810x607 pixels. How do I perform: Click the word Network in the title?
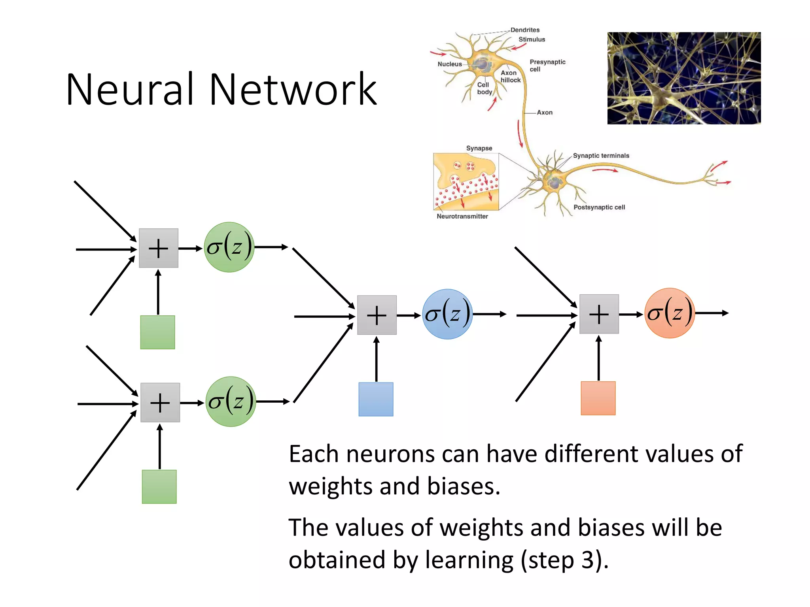tap(293, 90)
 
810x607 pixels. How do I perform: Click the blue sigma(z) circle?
tap(447, 314)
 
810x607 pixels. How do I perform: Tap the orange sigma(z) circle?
tap(670, 313)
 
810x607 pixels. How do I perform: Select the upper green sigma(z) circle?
tap(229, 247)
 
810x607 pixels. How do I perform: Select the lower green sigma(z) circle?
tap(231, 402)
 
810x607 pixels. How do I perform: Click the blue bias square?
tap(376, 399)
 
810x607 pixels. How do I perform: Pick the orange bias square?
tap(598, 398)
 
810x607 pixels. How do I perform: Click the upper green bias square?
tap(157, 332)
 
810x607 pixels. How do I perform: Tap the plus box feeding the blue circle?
tap(377, 315)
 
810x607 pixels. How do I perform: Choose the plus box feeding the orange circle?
tap(599, 314)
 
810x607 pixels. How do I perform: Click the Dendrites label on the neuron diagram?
tap(525, 30)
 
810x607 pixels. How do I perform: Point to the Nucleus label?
tap(450, 64)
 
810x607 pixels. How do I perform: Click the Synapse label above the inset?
tap(479, 148)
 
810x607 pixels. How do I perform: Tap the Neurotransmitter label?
tap(462, 216)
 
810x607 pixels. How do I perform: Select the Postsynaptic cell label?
tap(599, 207)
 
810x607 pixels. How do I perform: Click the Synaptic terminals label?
tap(601, 156)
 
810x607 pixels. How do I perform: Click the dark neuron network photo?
tap(684, 78)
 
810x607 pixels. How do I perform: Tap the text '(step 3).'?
tap(564, 560)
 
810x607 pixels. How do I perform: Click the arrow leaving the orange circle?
tap(712, 313)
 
